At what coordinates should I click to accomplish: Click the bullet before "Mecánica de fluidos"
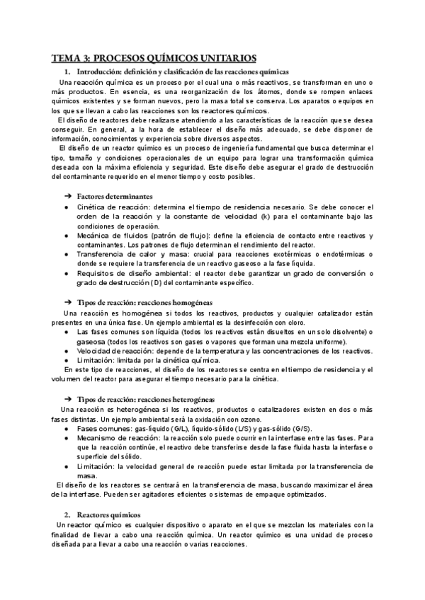(66, 235)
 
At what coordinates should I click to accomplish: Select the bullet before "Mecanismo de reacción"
(66, 439)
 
